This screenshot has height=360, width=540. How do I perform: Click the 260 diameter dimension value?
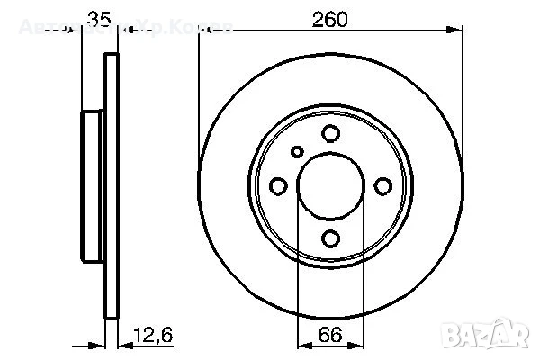330,18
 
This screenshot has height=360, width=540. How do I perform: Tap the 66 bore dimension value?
330,335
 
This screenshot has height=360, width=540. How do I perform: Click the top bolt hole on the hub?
331,134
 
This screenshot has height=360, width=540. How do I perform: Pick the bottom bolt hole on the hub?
331,238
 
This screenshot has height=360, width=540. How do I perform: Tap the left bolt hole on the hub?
279,186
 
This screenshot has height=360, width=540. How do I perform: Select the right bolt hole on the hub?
383,186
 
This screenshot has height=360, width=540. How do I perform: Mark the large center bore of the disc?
331,186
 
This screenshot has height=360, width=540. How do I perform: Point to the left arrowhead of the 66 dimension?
303,345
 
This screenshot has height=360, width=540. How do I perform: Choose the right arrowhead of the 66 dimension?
359,345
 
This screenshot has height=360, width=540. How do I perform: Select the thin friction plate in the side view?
112,186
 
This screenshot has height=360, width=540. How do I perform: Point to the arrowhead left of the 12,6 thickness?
100,345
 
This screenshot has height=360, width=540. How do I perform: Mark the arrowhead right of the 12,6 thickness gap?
125,345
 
